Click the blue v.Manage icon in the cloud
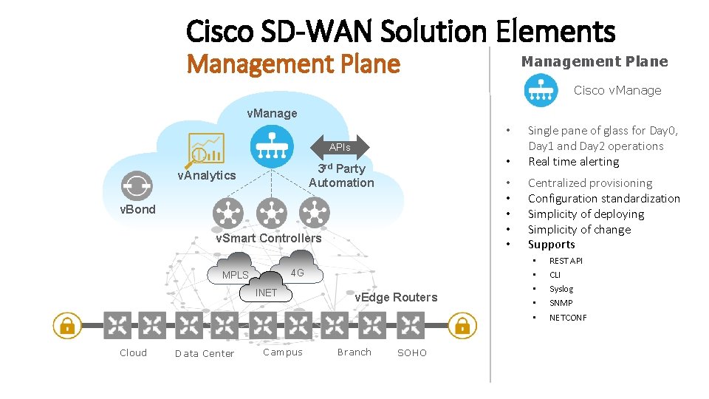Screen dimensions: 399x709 tap(272, 146)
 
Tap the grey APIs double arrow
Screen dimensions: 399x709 tap(340, 148)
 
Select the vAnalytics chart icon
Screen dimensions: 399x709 tap(205, 149)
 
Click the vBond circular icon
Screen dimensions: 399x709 tap(137, 185)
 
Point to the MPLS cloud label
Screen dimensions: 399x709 tap(236, 275)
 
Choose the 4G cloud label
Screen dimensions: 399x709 tap(297, 273)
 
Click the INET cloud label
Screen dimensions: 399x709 tap(266, 293)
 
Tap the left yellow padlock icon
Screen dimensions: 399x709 tap(67, 325)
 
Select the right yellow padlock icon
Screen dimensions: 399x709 tap(462, 325)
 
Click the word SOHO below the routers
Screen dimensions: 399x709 tap(412, 353)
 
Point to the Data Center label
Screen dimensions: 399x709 tap(205, 353)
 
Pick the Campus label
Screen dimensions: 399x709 tap(283, 352)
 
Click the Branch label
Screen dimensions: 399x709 tap(354, 352)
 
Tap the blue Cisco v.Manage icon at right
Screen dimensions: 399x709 tap(541, 90)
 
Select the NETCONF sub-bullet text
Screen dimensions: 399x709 tap(568, 318)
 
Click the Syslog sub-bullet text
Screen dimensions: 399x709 tap(561, 289)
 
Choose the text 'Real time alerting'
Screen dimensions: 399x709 tap(574, 162)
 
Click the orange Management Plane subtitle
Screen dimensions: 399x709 tap(293, 65)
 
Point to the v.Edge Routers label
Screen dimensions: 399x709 tap(396, 297)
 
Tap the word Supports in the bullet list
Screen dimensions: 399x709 tap(552, 245)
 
